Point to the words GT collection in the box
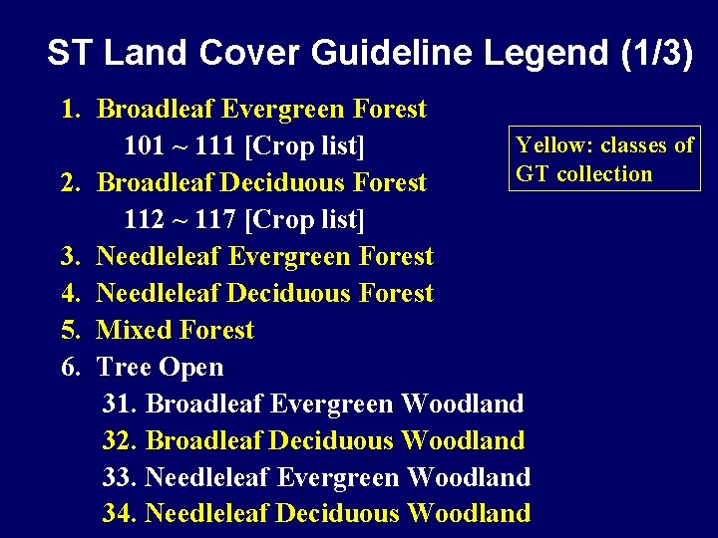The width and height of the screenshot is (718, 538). pyautogui.click(x=583, y=174)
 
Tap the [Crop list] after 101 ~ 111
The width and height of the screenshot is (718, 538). pyautogui.click(x=304, y=146)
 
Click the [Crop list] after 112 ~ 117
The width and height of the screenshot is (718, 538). pyautogui.click(x=305, y=219)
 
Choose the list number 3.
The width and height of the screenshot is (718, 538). pyautogui.click(x=70, y=257)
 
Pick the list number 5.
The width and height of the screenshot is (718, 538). pyautogui.click(x=70, y=331)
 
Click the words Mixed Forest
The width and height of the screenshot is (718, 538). pyautogui.click(x=176, y=331)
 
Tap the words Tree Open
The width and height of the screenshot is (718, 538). pyautogui.click(x=160, y=368)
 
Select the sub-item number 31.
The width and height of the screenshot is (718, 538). pyautogui.click(x=120, y=404)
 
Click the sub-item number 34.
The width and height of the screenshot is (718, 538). pyautogui.click(x=120, y=514)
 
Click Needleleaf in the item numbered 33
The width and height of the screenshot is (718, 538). pyautogui.click(x=207, y=477)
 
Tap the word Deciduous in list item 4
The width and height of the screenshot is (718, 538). pyautogui.click(x=288, y=294)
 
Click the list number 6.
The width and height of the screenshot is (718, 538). pyautogui.click(x=70, y=368)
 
